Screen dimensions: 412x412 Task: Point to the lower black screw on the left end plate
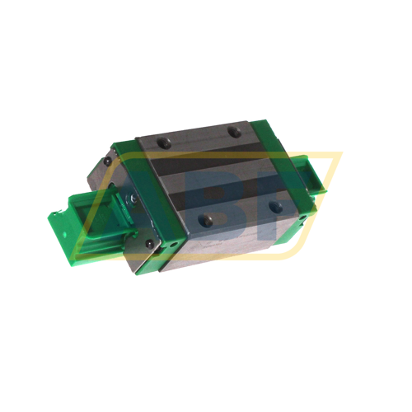pos(148,244)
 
